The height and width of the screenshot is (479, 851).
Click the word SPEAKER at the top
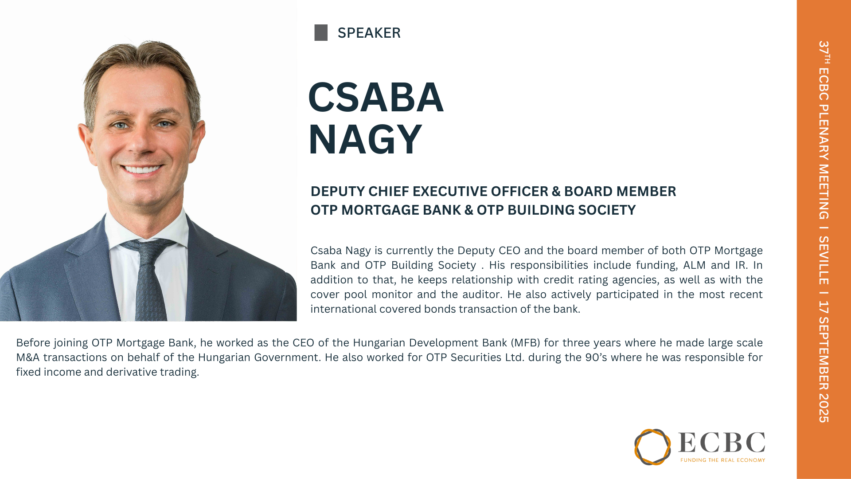(x=369, y=33)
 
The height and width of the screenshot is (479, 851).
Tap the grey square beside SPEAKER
(x=321, y=33)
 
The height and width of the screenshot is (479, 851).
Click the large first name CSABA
(x=375, y=97)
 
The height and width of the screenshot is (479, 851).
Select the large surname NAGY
(x=365, y=139)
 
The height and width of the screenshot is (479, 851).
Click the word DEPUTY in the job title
(x=337, y=191)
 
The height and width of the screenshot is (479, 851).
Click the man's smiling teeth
(x=141, y=169)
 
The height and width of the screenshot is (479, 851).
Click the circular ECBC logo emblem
(x=652, y=447)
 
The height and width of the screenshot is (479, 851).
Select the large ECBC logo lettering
(x=722, y=443)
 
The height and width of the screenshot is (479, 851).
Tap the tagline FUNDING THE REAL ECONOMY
(x=723, y=460)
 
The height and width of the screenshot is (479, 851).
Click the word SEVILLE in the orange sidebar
(x=824, y=260)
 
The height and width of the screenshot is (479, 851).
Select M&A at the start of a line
(x=28, y=357)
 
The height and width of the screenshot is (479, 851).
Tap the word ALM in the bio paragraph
(x=695, y=265)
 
